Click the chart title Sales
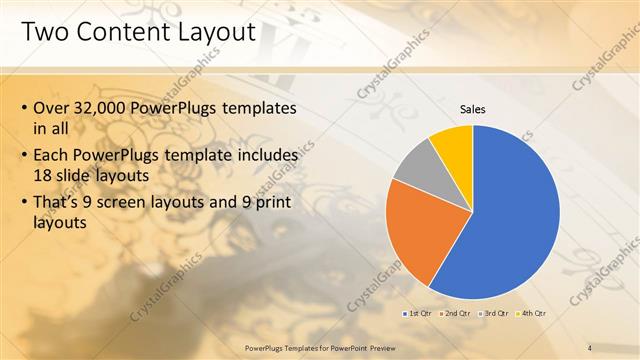coord(473,108)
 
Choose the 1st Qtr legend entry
coord(420,313)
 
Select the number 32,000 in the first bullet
coord(103,108)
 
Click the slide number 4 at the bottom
coord(589,347)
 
